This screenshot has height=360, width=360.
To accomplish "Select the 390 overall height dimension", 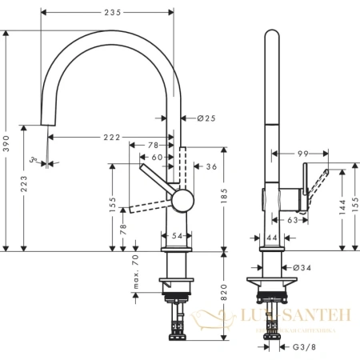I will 7,142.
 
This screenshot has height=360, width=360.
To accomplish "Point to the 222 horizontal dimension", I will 110,138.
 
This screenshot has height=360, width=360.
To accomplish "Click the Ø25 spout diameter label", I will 206,118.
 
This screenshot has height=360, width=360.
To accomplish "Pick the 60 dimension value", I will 158,158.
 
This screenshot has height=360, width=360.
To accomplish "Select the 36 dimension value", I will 211,166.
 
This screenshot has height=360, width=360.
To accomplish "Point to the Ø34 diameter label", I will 302,266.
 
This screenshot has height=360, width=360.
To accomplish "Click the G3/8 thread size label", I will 303,347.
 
